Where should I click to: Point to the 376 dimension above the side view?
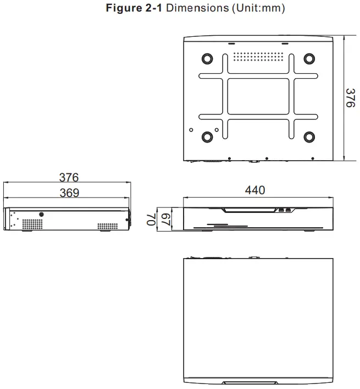pos(69,178)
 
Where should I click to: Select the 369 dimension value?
pos(69,193)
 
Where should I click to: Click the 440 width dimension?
pos(255,190)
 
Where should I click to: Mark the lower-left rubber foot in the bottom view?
pos(207,137)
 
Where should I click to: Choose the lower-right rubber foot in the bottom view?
pos(309,137)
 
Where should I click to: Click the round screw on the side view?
pos(41,214)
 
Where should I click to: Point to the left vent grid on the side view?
pos(32,224)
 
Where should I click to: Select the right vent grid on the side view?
pos(107,225)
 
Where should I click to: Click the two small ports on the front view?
pos(284,210)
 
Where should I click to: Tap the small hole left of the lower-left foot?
pos(191,130)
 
